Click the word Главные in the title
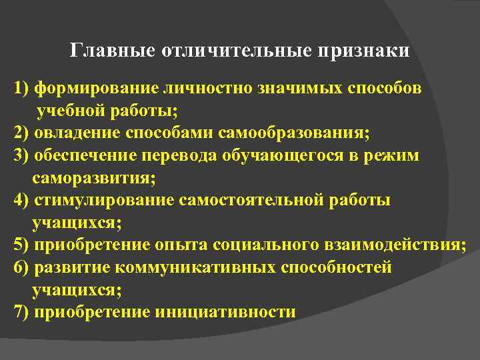(x=113, y=51)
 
